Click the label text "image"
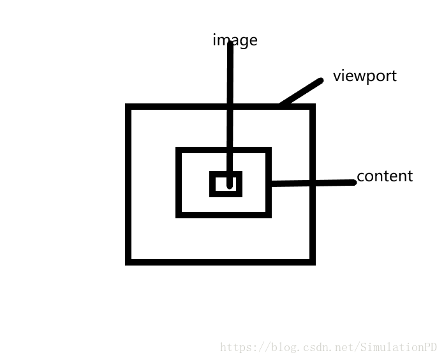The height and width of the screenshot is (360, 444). click(x=235, y=40)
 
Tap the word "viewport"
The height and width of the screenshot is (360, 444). click(x=364, y=76)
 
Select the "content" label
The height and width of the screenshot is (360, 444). click(x=384, y=176)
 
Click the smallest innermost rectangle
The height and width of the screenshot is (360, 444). click(x=226, y=184)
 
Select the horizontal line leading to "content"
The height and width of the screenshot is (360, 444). click(x=313, y=183)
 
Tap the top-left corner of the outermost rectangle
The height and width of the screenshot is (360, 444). click(x=129, y=107)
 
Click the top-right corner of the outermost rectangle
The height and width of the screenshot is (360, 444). click(x=313, y=107)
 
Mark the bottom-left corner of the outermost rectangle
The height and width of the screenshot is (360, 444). click(x=129, y=261)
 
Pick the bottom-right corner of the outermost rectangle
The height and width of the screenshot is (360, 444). click(x=313, y=261)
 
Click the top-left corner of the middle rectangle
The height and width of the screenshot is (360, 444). click(x=179, y=151)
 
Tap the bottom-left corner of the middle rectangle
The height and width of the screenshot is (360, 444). click(x=179, y=214)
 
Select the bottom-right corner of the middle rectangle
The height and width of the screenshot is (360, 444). click(x=269, y=214)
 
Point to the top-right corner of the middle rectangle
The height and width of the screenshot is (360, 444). click(x=269, y=151)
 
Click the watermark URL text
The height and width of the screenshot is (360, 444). click(x=328, y=348)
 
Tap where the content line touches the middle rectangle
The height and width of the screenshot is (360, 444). click(x=270, y=184)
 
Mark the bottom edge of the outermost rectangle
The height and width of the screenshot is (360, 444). click(x=221, y=261)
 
